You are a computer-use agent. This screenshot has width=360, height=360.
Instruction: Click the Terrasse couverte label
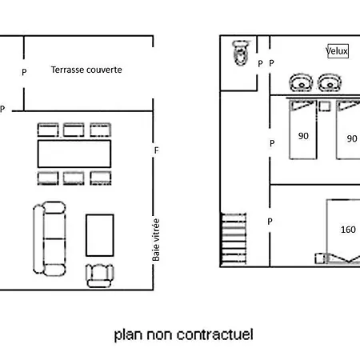pyautogui.click(x=86, y=70)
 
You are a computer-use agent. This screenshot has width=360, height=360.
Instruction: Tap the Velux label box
pyautogui.click(x=338, y=51)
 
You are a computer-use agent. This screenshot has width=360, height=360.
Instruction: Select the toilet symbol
pyautogui.click(x=242, y=53)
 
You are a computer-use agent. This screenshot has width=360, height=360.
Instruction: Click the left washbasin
pyautogui.click(x=301, y=82)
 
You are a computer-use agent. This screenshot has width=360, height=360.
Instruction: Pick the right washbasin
pyautogui.click(x=330, y=82)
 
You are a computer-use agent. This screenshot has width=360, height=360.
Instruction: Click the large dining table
pyautogui.click(x=74, y=154)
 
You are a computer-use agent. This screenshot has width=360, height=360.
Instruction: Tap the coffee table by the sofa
pyautogui.click(x=100, y=235)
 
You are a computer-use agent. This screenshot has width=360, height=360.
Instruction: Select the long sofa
pyautogui.click(x=50, y=238)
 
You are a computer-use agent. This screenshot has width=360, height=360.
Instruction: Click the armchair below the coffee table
pyautogui.click(x=99, y=276)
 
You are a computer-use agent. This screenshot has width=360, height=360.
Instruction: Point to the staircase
pyautogui.click(x=234, y=239)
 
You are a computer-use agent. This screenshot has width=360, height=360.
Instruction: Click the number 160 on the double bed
pyautogui.click(x=348, y=230)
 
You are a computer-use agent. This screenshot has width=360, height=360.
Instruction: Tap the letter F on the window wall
pyautogui.click(x=157, y=150)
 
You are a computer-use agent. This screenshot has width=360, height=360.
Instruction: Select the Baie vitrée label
pyautogui.click(x=156, y=240)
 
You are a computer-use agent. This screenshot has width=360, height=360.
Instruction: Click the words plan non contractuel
pyautogui.click(x=184, y=335)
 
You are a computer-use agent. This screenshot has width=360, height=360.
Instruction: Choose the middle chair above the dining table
pyautogui.click(x=74, y=130)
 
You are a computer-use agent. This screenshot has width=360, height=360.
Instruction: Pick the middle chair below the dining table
pyautogui.click(x=74, y=178)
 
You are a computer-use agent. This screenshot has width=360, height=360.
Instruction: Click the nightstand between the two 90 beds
pyautogui.click(x=325, y=106)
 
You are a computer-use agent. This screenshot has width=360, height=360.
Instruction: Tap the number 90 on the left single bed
pyautogui.click(x=303, y=136)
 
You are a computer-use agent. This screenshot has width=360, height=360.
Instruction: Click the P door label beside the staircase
pyautogui.click(x=270, y=222)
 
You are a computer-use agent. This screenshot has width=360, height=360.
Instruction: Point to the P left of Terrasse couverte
pyautogui.click(x=24, y=72)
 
